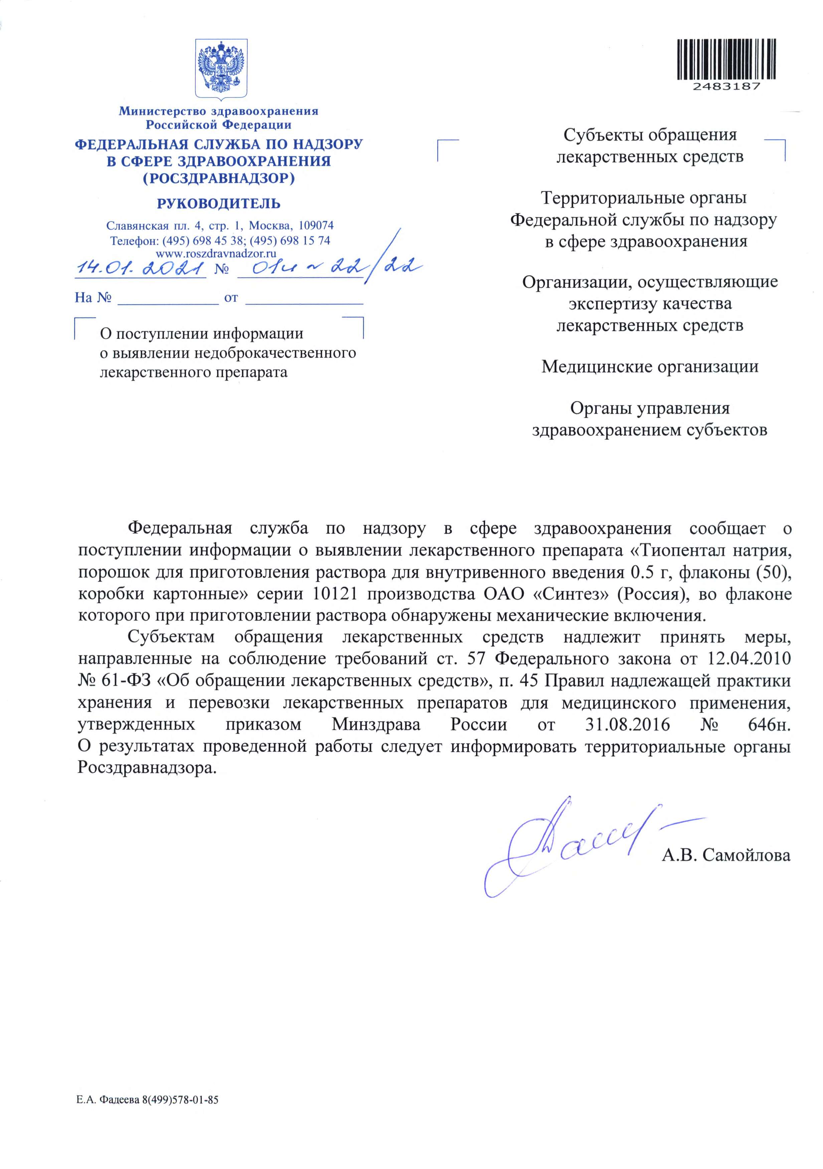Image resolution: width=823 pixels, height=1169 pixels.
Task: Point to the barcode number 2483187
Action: [726, 86]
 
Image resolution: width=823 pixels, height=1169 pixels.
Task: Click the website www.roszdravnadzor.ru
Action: [216, 253]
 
